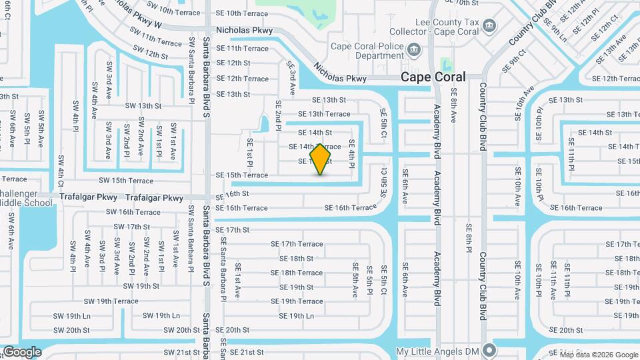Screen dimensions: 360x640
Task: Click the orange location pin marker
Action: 321,159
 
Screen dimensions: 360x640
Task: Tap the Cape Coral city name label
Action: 433,77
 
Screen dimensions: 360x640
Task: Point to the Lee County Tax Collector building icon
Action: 490,27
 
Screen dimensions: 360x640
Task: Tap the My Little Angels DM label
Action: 437,351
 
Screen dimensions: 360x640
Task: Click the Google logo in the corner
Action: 21,351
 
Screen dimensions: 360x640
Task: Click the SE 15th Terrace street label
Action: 242,175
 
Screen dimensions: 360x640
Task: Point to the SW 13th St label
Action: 143,106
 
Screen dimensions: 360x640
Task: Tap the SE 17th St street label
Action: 233,230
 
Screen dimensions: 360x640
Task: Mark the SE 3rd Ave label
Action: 291,78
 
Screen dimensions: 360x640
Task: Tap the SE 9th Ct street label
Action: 522,59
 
